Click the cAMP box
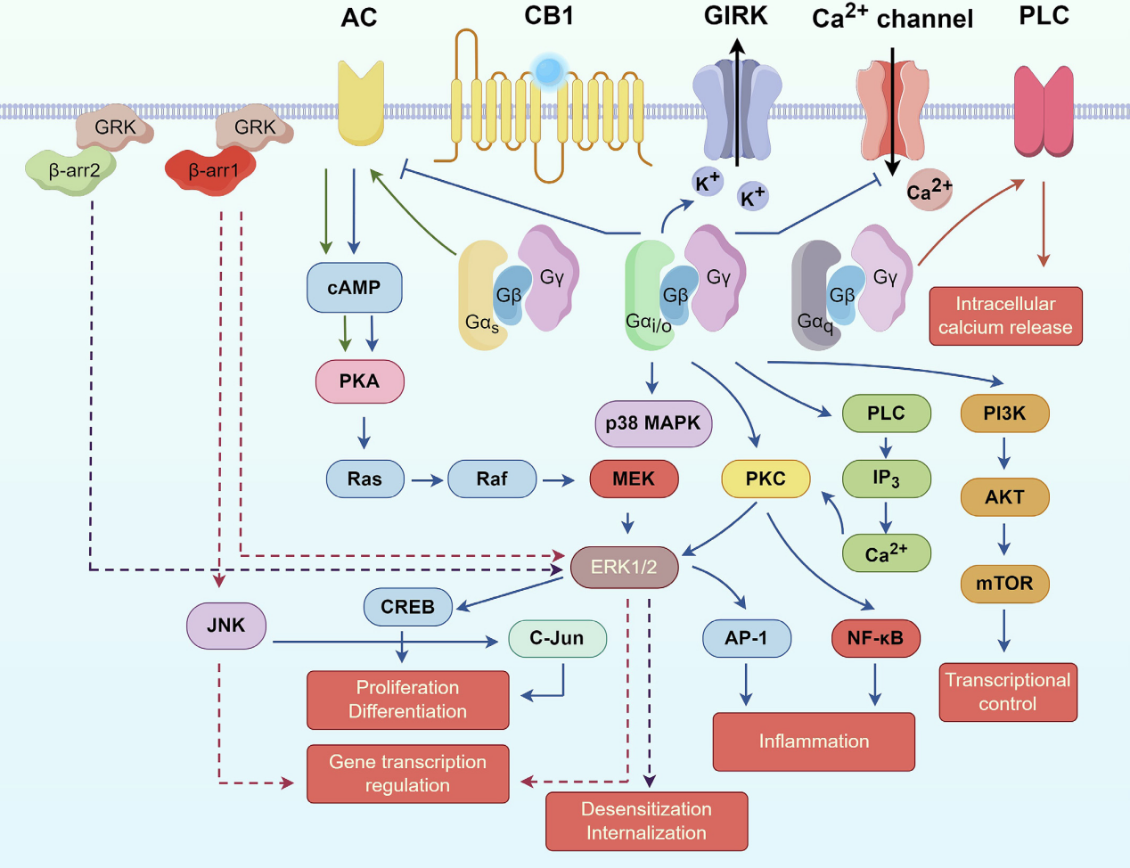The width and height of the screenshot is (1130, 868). pyautogui.click(x=354, y=288)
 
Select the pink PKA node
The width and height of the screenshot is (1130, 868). pyautogui.click(x=359, y=381)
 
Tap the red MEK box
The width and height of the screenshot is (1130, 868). pyautogui.click(x=634, y=479)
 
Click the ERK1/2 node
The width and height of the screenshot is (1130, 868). pyautogui.click(x=624, y=567)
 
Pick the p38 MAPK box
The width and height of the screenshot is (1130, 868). pyautogui.click(x=653, y=423)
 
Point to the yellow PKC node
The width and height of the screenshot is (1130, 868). pyautogui.click(x=766, y=479)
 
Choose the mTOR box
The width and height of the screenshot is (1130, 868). pyautogui.click(x=1004, y=584)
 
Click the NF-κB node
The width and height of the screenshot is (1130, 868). pyautogui.click(x=875, y=638)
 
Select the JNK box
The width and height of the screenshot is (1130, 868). pyautogui.click(x=225, y=626)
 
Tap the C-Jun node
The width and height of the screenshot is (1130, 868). pyautogui.click(x=557, y=638)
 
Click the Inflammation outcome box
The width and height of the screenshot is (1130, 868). pyautogui.click(x=814, y=741)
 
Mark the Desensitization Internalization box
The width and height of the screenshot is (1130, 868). pyautogui.click(x=646, y=821)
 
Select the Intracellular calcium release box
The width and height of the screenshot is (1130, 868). pyautogui.click(x=1005, y=315)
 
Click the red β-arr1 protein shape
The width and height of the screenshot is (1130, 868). pyautogui.click(x=211, y=169)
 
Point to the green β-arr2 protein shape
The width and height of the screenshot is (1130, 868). pyautogui.click(x=71, y=169)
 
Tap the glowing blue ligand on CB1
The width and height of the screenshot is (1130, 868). pyautogui.click(x=549, y=69)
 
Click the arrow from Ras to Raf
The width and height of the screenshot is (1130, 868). pyautogui.click(x=427, y=480)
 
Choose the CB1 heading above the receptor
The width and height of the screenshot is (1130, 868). pyautogui.click(x=549, y=16)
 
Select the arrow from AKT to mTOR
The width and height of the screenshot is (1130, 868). pyautogui.click(x=1004, y=539)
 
